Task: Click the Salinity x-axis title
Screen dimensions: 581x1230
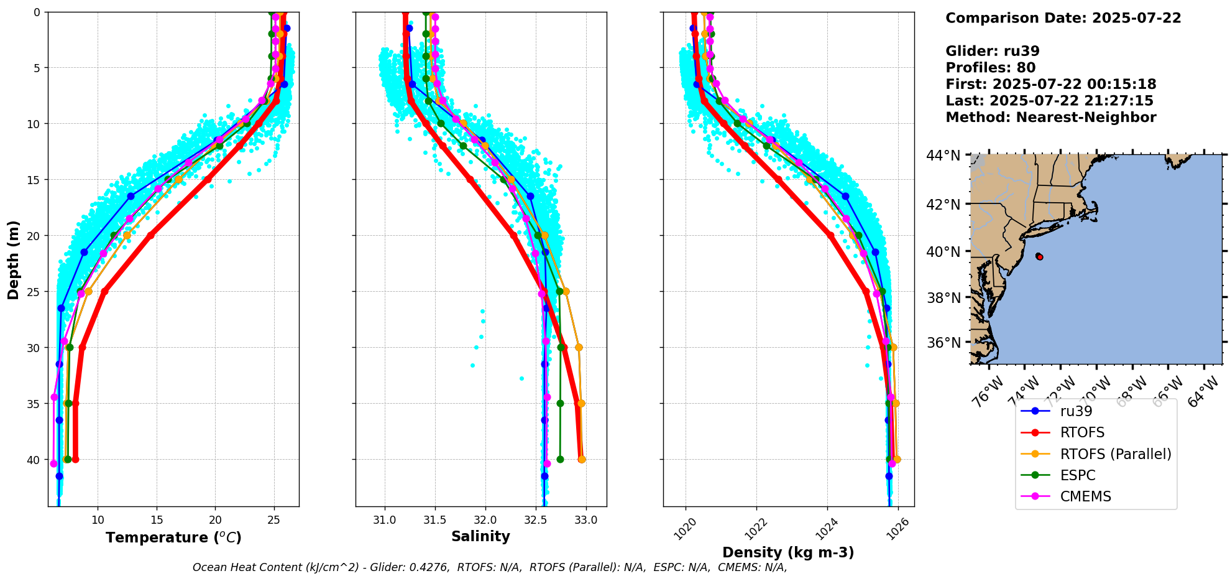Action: [x=480, y=537]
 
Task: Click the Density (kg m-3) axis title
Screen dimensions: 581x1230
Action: [x=787, y=552]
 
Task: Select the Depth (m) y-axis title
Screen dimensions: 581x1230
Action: [x=14, y=259]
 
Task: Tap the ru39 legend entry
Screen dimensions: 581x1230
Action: [x=1076, y=411]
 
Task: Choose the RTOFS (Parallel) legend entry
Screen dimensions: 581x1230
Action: [x=1115, y=454]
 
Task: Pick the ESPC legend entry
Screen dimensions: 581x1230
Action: [x=1077, y=475]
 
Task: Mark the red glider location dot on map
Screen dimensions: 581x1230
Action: [x=1039, y=256]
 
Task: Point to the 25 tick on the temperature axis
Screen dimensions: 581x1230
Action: [x=273, y=520]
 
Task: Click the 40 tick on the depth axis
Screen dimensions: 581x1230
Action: [x=32, y=460]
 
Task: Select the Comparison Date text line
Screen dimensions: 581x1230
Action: [x=1063, y=18]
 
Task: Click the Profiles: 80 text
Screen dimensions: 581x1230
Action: [x=990, y=68]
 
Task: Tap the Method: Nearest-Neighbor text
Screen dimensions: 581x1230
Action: [x=1050, y=118]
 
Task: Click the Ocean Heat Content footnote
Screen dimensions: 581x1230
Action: [x=489, y=567]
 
